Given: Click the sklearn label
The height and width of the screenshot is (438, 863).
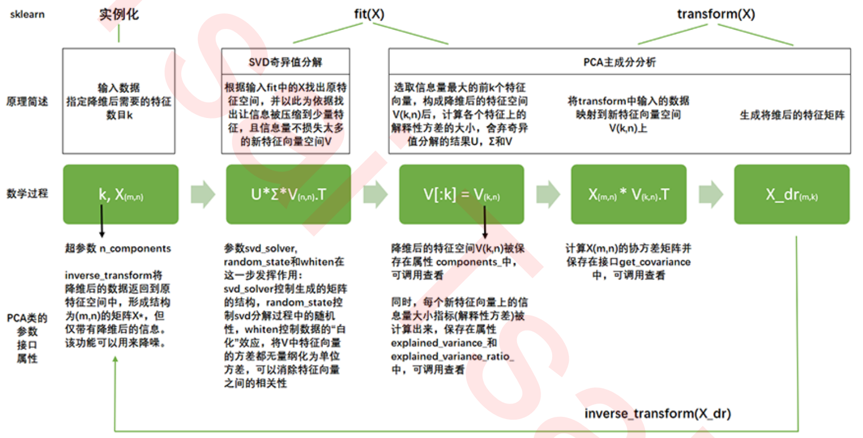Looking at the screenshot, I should [x=27, y=14].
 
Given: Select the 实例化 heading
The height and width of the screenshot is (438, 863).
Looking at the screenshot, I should [x=119, y=14].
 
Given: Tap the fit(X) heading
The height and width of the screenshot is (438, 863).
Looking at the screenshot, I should [x=369, y=14].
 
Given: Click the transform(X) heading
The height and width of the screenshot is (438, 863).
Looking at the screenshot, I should [x=716, y=14].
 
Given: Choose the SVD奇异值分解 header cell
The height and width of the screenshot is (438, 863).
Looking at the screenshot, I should [x=285, y=62].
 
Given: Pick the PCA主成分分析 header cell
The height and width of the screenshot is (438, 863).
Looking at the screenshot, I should [x=619, y=62].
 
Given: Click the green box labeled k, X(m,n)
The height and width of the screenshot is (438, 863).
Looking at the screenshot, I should [x=121, y=194].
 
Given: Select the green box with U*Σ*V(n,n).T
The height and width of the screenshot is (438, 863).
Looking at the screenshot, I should [x=288, y=194].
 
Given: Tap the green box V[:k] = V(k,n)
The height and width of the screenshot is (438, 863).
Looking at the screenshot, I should [x=461, y=194].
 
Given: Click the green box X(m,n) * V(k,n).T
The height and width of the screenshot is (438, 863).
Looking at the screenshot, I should [x=628, y=194].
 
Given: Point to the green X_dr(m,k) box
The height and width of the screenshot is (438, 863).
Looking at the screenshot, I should [x=791, y=194].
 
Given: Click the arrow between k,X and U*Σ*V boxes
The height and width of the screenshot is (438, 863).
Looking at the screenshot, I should [x=202, y=194].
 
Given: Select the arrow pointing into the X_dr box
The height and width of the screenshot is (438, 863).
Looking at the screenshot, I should [x=710, y=194].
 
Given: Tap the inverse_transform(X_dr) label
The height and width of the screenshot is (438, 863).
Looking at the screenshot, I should [x=657, y=414].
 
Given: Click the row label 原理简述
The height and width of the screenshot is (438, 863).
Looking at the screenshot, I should [x=27, y=102].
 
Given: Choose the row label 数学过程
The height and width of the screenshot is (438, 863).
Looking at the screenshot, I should [x=27, y=194].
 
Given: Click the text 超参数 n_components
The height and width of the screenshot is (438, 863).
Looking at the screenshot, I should [x=118, y=248].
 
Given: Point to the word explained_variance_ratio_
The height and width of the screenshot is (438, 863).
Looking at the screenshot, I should [x=452, y=356].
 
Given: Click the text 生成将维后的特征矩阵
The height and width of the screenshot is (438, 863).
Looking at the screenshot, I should [x=792, y=115].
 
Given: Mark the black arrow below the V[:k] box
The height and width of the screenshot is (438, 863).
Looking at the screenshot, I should [x=484, y=223].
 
